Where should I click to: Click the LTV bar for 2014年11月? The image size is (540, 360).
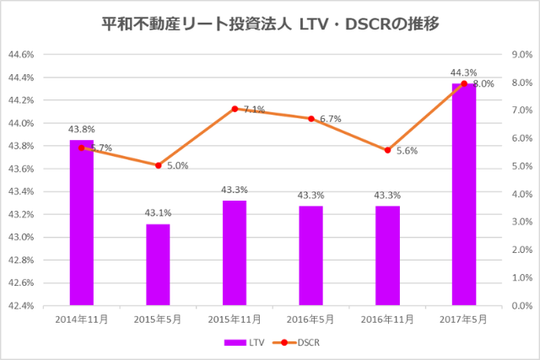(x=82, y=223)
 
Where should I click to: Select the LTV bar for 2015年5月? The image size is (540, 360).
(x=158, y=264)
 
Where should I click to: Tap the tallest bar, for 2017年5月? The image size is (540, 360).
(x=463, y=194)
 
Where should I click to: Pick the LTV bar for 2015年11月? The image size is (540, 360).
(x=235, y=252)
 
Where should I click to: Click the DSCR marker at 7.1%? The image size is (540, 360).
(x=235, y=109)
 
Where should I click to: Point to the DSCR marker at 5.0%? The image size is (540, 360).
(x=158, y=165)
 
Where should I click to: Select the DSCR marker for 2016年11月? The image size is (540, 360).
(x=387, y=150)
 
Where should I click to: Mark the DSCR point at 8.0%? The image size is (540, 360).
(x=463, y=83)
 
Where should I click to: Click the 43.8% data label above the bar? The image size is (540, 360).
(x=82, y=129)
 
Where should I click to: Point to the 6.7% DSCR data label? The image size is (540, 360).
(x=330, y=120)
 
